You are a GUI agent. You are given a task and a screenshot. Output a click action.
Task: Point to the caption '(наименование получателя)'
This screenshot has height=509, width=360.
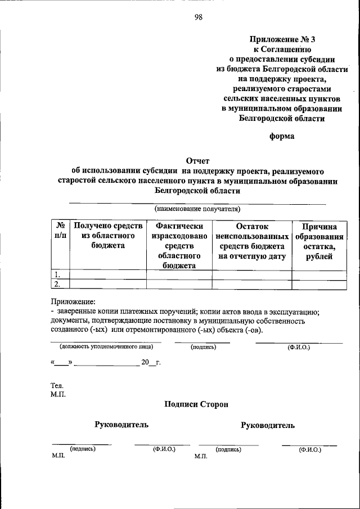tap(197, 209)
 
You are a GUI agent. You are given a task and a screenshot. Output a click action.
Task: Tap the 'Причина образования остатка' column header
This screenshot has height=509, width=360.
tap(319, 241)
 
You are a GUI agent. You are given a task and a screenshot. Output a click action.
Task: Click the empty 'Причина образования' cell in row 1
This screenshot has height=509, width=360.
tap(319, 275)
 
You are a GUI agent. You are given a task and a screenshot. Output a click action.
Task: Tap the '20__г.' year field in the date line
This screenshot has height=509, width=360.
tap(151, 363)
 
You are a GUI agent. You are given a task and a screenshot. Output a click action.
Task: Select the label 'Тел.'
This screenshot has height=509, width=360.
tap(57, 386)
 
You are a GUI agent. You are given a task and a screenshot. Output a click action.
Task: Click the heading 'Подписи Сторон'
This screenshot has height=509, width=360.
tap(196, 404)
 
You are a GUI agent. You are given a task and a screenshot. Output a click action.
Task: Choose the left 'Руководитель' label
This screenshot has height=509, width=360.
tap(121, 425)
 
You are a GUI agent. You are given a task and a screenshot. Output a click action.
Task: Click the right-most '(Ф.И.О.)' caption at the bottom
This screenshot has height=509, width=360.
tap(310, 450)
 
